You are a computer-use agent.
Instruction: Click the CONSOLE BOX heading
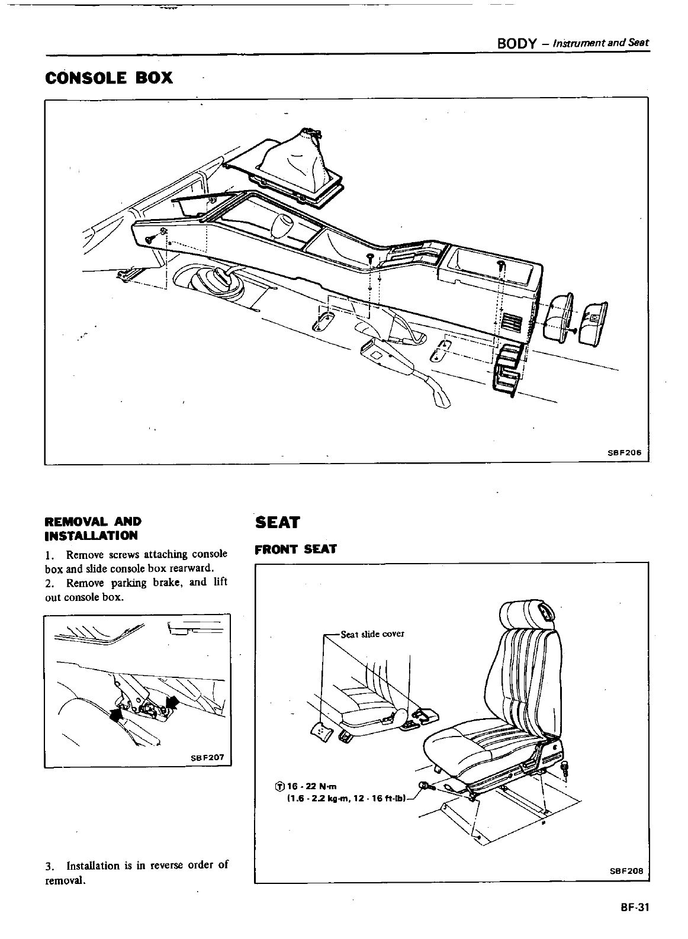109,78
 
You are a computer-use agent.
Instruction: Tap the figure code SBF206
625,452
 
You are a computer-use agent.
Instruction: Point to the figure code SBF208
626,871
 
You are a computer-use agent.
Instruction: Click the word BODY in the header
517,43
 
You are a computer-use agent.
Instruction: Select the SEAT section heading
278,522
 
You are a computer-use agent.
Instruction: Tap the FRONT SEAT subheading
295,549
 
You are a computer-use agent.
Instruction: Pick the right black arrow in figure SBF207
173,702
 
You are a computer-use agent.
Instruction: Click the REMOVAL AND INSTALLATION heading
93,529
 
